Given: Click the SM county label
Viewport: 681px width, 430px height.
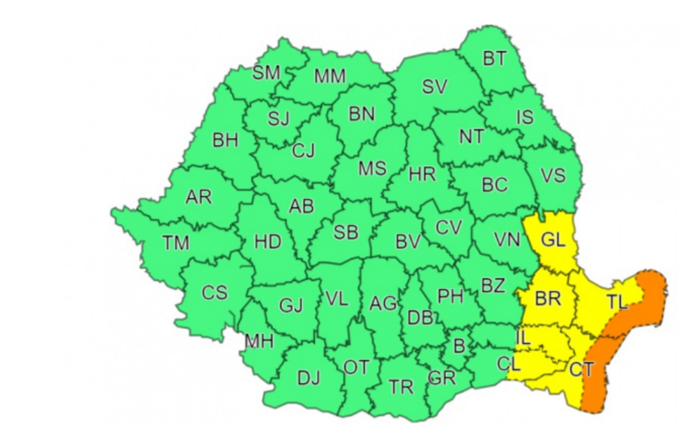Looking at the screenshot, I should [x=266, y=73].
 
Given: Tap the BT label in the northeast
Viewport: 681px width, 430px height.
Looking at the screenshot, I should [x=493, y=59].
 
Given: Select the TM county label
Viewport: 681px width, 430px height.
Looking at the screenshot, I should [x=175, y=242].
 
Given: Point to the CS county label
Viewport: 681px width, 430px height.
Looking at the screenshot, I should [x=214, y=292].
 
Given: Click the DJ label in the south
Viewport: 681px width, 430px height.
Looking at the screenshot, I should [x=308, y=378].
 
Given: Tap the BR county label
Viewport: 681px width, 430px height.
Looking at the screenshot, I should [x=548, y=299].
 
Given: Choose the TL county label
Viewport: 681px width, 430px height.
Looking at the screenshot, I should [x=617, y=301].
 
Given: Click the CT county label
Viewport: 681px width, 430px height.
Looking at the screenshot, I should [x=581, y=369].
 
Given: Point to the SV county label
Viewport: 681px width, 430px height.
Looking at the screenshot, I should [x=434, y=87].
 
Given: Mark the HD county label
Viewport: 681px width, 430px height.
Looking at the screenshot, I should [x=268, y=241].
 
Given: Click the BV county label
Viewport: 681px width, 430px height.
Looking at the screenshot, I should [x=407, y=241].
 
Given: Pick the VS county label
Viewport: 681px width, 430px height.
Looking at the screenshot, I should [x=552, y=175].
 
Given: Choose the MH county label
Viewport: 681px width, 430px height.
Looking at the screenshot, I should [x=259, y=341].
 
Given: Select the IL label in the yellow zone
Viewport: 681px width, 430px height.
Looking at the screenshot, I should [x=523, y=337].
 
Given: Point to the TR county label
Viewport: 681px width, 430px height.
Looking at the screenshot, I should [x=401, y=387].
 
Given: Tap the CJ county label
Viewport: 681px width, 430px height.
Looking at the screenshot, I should [x=303, y=149].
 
